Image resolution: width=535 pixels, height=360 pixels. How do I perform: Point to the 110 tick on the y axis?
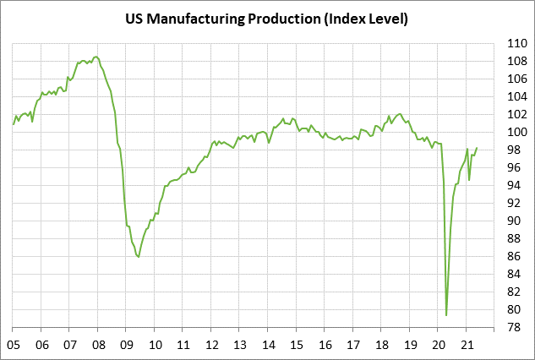516,43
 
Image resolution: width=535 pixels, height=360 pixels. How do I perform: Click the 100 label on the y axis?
516,132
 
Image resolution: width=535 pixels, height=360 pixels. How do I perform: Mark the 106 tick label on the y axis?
516,79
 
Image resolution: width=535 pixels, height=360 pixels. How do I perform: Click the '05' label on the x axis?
14,345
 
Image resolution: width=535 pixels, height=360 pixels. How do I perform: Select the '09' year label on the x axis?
127,345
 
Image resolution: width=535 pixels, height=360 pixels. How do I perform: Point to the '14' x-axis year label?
269,345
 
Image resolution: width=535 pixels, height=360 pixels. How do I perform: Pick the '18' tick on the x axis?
382,345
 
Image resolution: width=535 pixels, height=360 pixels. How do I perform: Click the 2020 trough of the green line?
446,315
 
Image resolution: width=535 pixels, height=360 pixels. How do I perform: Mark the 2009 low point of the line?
139,257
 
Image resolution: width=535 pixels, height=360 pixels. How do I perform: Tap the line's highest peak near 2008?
96,57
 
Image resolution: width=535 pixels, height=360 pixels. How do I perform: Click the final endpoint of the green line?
477,148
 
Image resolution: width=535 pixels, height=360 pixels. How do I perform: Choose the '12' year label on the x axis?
212,345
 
